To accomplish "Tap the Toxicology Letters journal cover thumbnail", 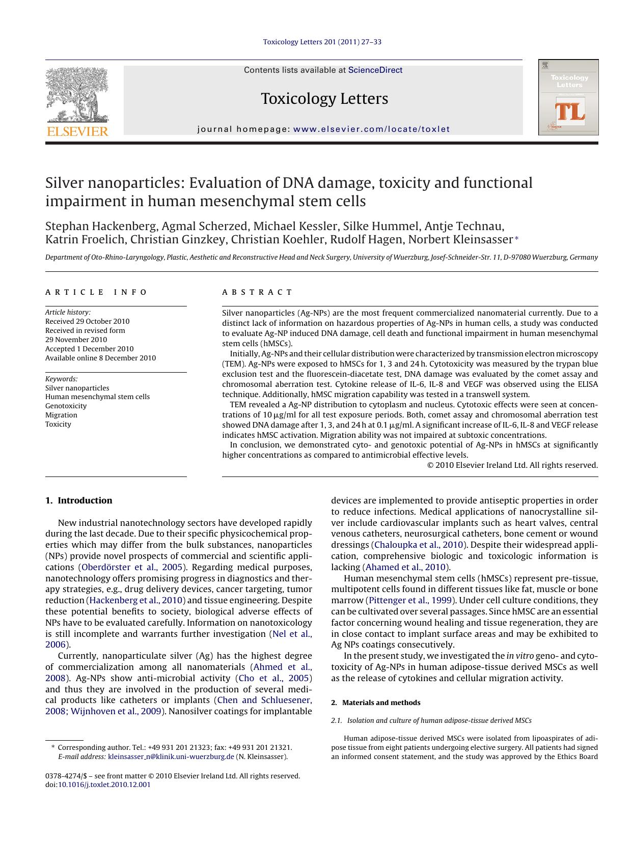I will [x=568, y=97].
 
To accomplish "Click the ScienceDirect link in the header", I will [x=375, y=70].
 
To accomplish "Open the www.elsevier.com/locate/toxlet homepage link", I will [x=372, y=129].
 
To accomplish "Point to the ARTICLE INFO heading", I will [x=96, y=292].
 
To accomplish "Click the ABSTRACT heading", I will [x=257, y=292].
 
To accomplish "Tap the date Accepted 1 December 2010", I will [x=89, y=349].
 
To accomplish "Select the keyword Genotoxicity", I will [x=66, y=406].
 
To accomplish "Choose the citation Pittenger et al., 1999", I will [x=410, y=600].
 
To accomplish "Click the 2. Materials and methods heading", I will [x=375, y=703].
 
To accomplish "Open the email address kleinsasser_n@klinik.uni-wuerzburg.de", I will [x=171, y=756].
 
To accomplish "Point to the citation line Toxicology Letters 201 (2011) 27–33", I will [x=322, y=42].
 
